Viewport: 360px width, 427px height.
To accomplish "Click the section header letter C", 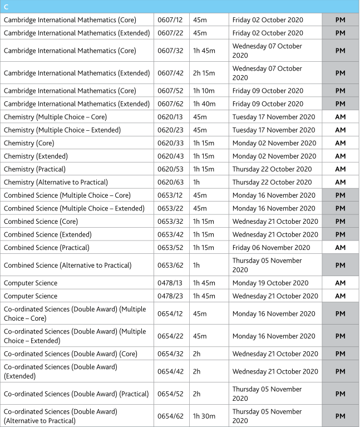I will point(6,7).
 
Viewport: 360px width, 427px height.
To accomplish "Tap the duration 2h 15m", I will point(204,73).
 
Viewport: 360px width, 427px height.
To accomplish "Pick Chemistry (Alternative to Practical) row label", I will point(56,182).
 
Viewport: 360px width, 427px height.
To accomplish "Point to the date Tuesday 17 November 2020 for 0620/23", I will point(274,130).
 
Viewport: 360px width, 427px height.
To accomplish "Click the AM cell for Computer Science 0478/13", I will point(341,283).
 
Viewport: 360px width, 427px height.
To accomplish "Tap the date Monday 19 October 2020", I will point(270,283).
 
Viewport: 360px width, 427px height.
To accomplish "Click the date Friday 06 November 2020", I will point(272,247).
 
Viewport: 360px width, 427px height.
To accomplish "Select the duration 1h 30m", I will point(204,416).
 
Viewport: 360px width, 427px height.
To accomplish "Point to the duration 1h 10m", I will point(204,91).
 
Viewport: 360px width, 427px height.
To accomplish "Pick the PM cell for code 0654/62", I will point(341,416).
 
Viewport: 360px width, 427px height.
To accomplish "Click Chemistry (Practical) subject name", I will point(34,169).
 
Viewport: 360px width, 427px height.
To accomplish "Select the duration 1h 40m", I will point(204,104).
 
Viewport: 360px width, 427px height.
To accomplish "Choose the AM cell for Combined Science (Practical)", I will point(341,247).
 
